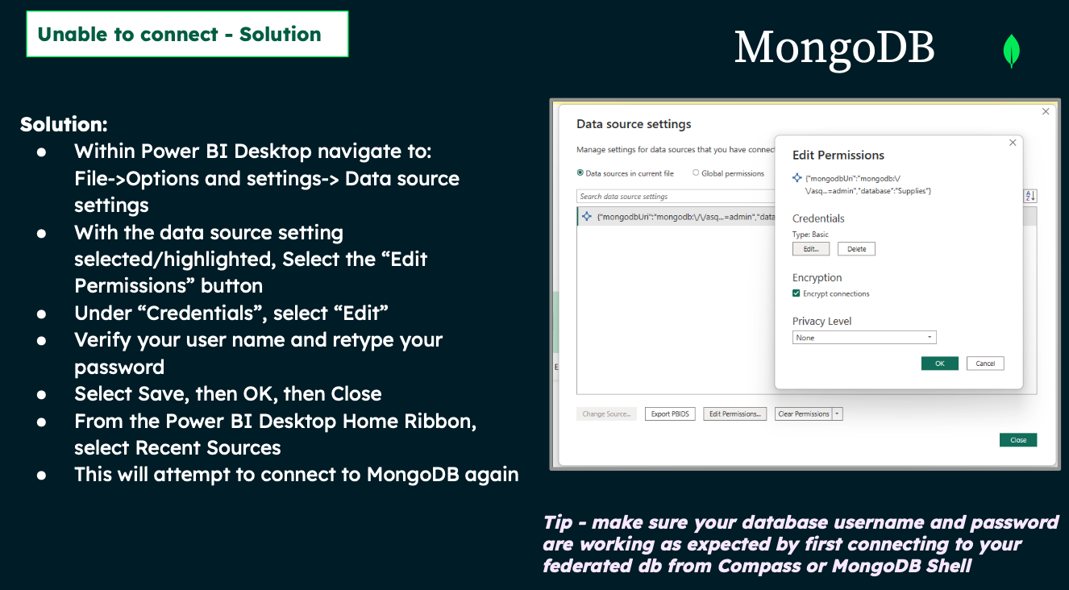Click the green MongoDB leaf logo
(1011, 50)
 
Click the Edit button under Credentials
(811, 249)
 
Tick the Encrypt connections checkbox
(796, 293)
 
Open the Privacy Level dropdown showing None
(864, 338)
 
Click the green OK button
(940, 364)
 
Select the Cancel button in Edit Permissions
(985, 364)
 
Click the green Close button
(1018, 440)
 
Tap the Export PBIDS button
(670, 414)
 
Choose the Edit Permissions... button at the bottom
(735, 414)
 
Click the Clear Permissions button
(804, 414)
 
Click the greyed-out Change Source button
(606, 414)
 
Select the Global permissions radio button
(696, 172)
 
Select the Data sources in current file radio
(580, 172)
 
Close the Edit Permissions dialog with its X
(1013, 143)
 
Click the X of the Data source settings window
(1046, 111)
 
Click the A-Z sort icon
(1030, 196)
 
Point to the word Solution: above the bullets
(64, 124)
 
